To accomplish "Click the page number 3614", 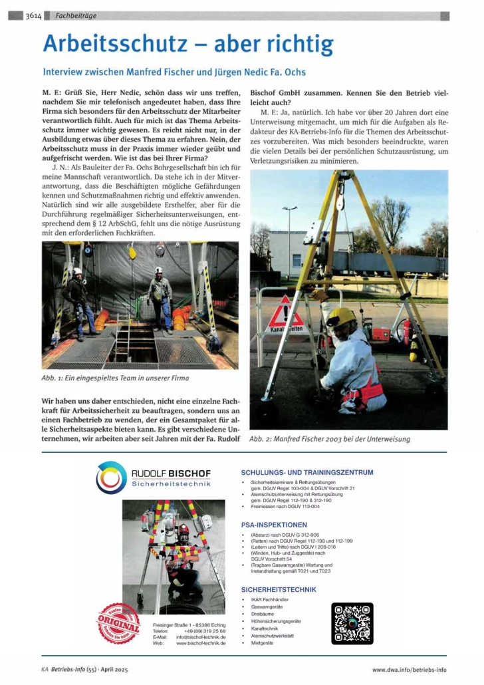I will (x=34, y=15).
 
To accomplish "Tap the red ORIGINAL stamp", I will (x=119, y=623).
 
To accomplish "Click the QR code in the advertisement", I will (x=352, y=623).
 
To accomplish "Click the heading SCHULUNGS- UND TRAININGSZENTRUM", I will (x=306, y=472).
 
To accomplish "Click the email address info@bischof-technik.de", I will (x=201, y=636).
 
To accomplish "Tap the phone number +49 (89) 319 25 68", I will (x=204, y=630).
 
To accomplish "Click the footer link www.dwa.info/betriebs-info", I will (x=409, y=670).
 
